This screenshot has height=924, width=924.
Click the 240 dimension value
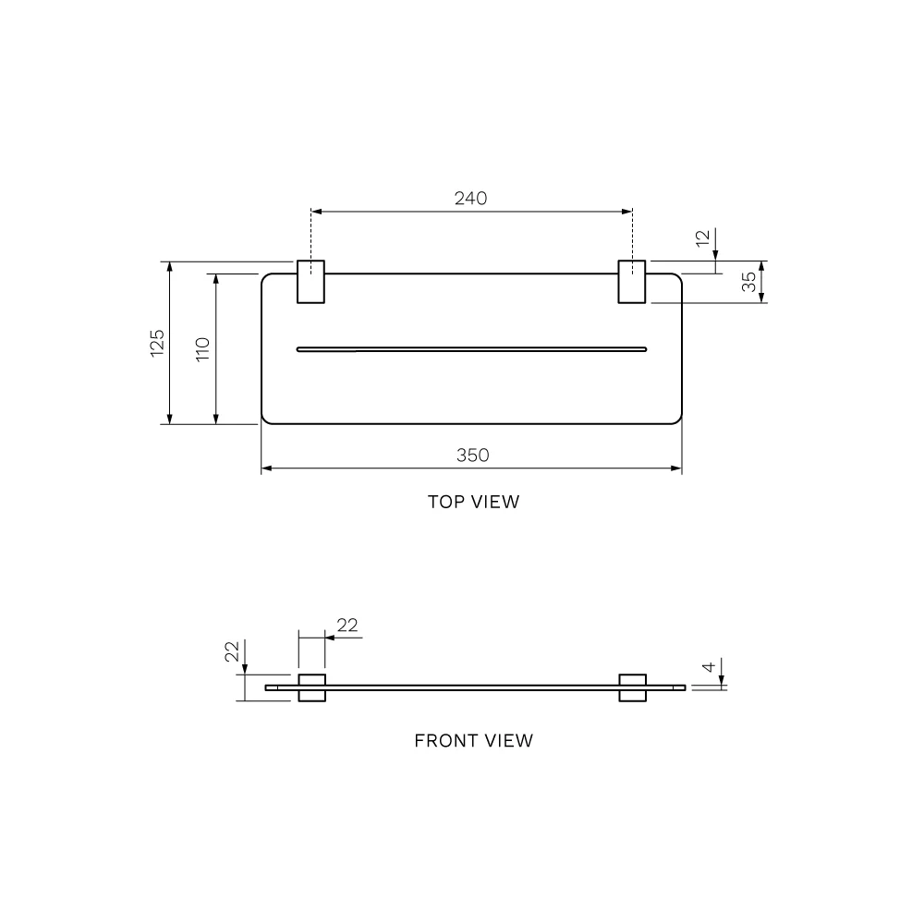tap(471, 198)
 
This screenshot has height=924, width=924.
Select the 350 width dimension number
tap(472, 455)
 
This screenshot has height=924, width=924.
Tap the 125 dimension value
tap(157, 343)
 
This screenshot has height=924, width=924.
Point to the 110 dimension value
tap(202, 349)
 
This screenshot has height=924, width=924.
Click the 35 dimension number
tap(748, 282)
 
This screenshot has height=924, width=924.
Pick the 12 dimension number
tap(702, 238)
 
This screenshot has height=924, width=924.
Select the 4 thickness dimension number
tap(709, 666)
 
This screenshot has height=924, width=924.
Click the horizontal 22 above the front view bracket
tap(347, 625)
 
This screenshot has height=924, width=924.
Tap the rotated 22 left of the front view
tap(232, 651)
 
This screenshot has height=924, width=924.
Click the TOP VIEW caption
tap(474, 502)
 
